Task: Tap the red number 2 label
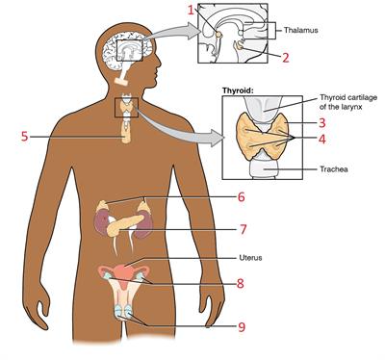[x=285, y=58]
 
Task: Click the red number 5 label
[x=24, y=136]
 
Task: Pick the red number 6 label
[x=241, y=197]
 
